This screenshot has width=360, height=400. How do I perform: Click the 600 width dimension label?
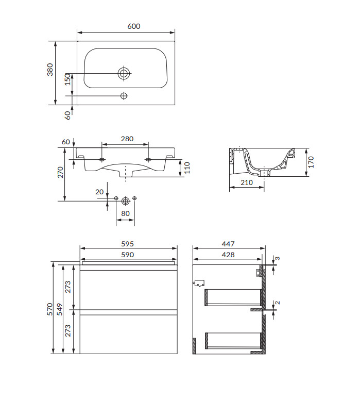pyautogui.click(x=134, y=26)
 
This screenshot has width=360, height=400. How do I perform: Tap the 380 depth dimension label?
pyautogui.click(x=50, y=70)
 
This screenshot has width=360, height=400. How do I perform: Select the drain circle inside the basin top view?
pyautogui.click(x=124, y=74)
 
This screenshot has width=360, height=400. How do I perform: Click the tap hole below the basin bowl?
pyautogui.click(x=124, y=96)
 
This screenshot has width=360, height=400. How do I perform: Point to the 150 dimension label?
pyautogui.click(x=67, y=79)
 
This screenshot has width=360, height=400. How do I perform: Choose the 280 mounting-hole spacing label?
pyautogui.click(x=127, y=139)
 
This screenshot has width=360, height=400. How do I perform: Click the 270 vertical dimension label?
pyautogui.click(x=60, y=172)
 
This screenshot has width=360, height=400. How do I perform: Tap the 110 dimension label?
pyautogui.click(x=187, y=168)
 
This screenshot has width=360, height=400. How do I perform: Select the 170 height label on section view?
pyautogui.click(x=311, y=162)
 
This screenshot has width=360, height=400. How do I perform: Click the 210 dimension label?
pyautogui.click(x=247, y=182)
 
